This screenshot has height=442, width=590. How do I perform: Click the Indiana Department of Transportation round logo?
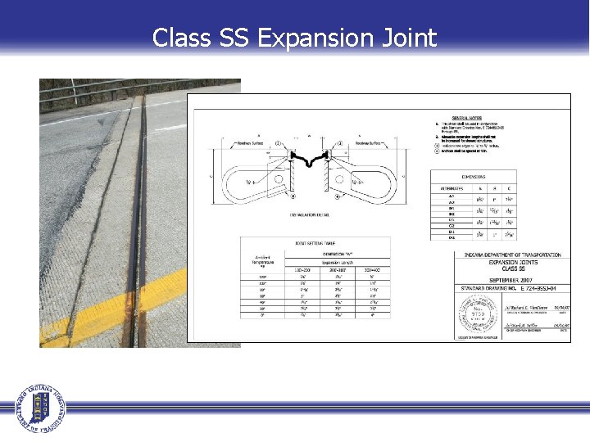coord(41,407)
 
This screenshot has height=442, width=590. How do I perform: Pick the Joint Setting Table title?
coord(313,243)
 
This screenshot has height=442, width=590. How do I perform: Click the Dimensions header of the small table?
coord(473,176)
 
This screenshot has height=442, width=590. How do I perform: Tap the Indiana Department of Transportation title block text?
coord(508,255)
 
